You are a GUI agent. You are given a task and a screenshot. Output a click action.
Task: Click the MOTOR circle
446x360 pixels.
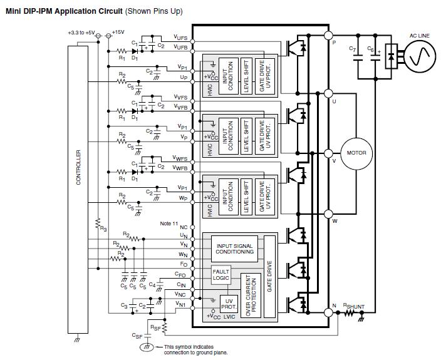(356, 153)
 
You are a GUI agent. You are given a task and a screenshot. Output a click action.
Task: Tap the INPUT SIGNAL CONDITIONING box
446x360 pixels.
(235, 249)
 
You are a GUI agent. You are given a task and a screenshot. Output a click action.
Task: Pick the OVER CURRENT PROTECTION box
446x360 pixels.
(251, 295)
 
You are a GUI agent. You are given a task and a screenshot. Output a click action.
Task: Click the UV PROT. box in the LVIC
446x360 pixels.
(229, 304)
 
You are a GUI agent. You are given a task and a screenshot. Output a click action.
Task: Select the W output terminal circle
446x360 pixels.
(328, 213)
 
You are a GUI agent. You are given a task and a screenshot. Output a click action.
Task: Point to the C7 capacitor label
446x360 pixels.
(352, 48)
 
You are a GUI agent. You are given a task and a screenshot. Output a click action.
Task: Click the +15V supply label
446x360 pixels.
(118, 32)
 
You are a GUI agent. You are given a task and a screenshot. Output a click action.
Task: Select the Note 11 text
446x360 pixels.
(169, 224)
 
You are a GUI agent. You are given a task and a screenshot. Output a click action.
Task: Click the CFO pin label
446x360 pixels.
(180, 274)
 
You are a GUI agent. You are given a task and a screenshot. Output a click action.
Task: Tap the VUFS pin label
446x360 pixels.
(180, 38)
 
